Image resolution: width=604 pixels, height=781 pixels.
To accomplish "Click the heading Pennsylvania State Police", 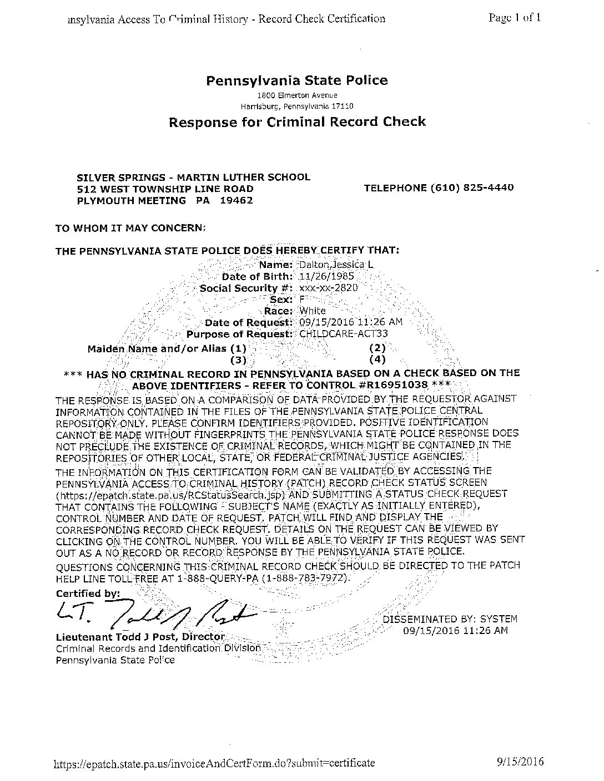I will (x=297, y=80).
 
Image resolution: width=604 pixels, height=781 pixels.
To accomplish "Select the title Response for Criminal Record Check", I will (x=297, y=122).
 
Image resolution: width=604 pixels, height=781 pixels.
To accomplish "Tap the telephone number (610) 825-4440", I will (x=472, y=187).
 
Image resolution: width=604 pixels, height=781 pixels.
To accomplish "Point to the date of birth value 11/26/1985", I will (x=326, y=276).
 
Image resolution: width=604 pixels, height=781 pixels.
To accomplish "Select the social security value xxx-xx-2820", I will (x=328, y=288).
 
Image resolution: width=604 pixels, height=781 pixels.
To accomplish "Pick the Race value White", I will (x=313, y=311).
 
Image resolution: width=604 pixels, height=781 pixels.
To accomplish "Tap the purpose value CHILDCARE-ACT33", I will (x=343, y=334).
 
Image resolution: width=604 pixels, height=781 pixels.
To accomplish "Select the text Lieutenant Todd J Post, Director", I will (x=140, y=636).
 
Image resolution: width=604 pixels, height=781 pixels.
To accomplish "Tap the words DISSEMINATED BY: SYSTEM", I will (x=450, y=619).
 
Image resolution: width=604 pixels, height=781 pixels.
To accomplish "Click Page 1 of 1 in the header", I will (x=515, y=17).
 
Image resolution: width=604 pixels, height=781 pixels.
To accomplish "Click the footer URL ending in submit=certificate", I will (x=214, y=763).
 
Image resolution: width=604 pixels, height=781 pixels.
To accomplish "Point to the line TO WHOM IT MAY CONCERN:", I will (x=130, y=227).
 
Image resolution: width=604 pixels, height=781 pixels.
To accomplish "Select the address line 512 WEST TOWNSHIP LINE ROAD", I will (x=165, y=189).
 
